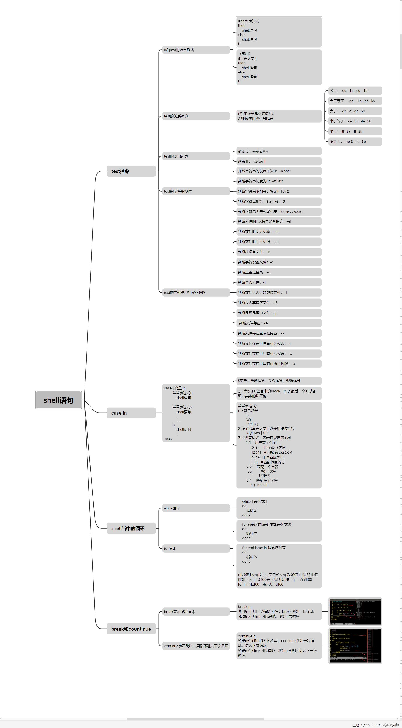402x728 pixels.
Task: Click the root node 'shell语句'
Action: (59, 400)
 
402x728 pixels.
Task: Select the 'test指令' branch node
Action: (131, 171)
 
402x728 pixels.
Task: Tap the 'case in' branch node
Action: (131, 413)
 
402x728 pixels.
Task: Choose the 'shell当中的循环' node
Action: (131, 528)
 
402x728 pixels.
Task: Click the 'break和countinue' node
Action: (131, 629)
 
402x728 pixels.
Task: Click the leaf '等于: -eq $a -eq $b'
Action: (355, 91)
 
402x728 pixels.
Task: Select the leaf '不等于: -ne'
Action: (355, 142)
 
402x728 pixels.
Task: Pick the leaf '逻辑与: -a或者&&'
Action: (278, 151)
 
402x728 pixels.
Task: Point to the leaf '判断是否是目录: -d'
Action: (278, 272)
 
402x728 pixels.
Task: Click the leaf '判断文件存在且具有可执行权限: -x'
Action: (278, 364)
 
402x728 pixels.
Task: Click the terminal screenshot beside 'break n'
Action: (355, 611)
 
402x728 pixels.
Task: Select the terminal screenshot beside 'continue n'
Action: (355, 646)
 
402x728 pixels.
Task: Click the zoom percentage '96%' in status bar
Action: (378, 725)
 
